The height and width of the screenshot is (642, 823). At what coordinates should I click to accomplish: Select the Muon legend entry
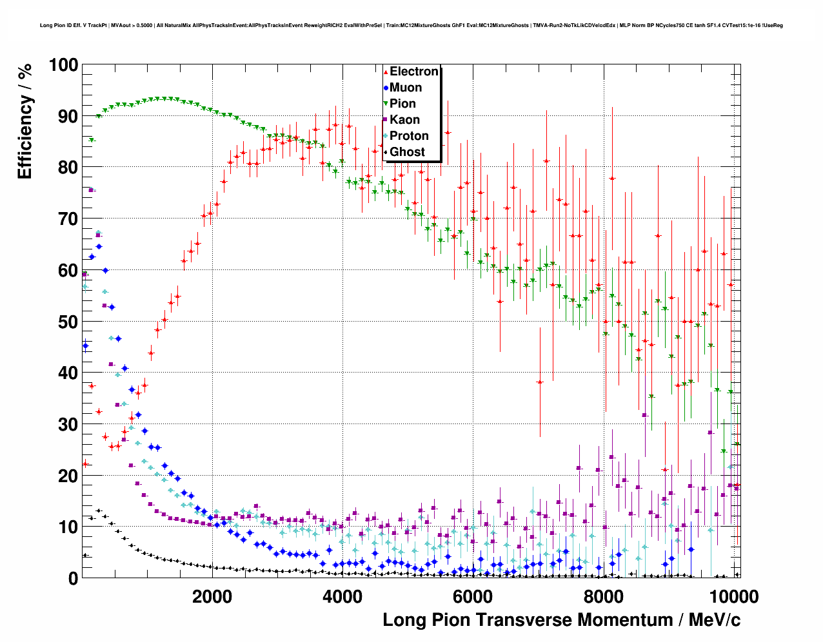[405, 88]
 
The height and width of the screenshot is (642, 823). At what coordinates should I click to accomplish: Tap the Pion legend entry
[402, 104]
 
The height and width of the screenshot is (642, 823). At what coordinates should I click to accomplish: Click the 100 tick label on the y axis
[63, 65]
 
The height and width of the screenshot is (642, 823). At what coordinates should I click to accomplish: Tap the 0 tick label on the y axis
[73, 578]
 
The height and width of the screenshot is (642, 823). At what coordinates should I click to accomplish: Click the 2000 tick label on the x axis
[212, 596]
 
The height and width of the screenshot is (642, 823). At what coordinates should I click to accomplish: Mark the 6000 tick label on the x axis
[473, 596]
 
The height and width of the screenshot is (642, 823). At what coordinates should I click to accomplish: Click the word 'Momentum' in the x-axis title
[615, 620]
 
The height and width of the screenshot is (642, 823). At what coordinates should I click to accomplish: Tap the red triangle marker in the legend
[386, 72]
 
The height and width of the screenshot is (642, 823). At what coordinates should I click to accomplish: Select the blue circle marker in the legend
[386, 88]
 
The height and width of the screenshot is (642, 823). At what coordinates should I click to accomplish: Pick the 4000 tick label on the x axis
[342, 596]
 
